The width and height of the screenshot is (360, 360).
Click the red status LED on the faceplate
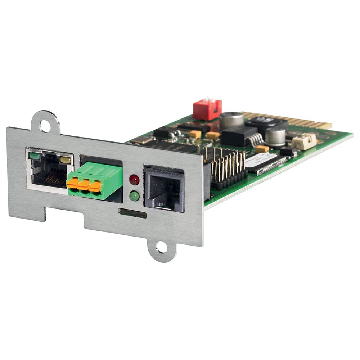pyautogui.click(x=134, y=179)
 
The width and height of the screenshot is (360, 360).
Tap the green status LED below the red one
pyautogui.click(x=134, y=196)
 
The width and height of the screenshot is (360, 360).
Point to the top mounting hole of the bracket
pyautogui.click(x=45, y=126)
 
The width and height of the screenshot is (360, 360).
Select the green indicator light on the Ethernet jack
pyautogui.click(x=35, y=156)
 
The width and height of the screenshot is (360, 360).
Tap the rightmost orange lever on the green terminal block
pyautogui.click(x=95, y=186)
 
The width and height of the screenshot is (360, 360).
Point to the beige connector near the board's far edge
pyautogui.click(x=303, y=141)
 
